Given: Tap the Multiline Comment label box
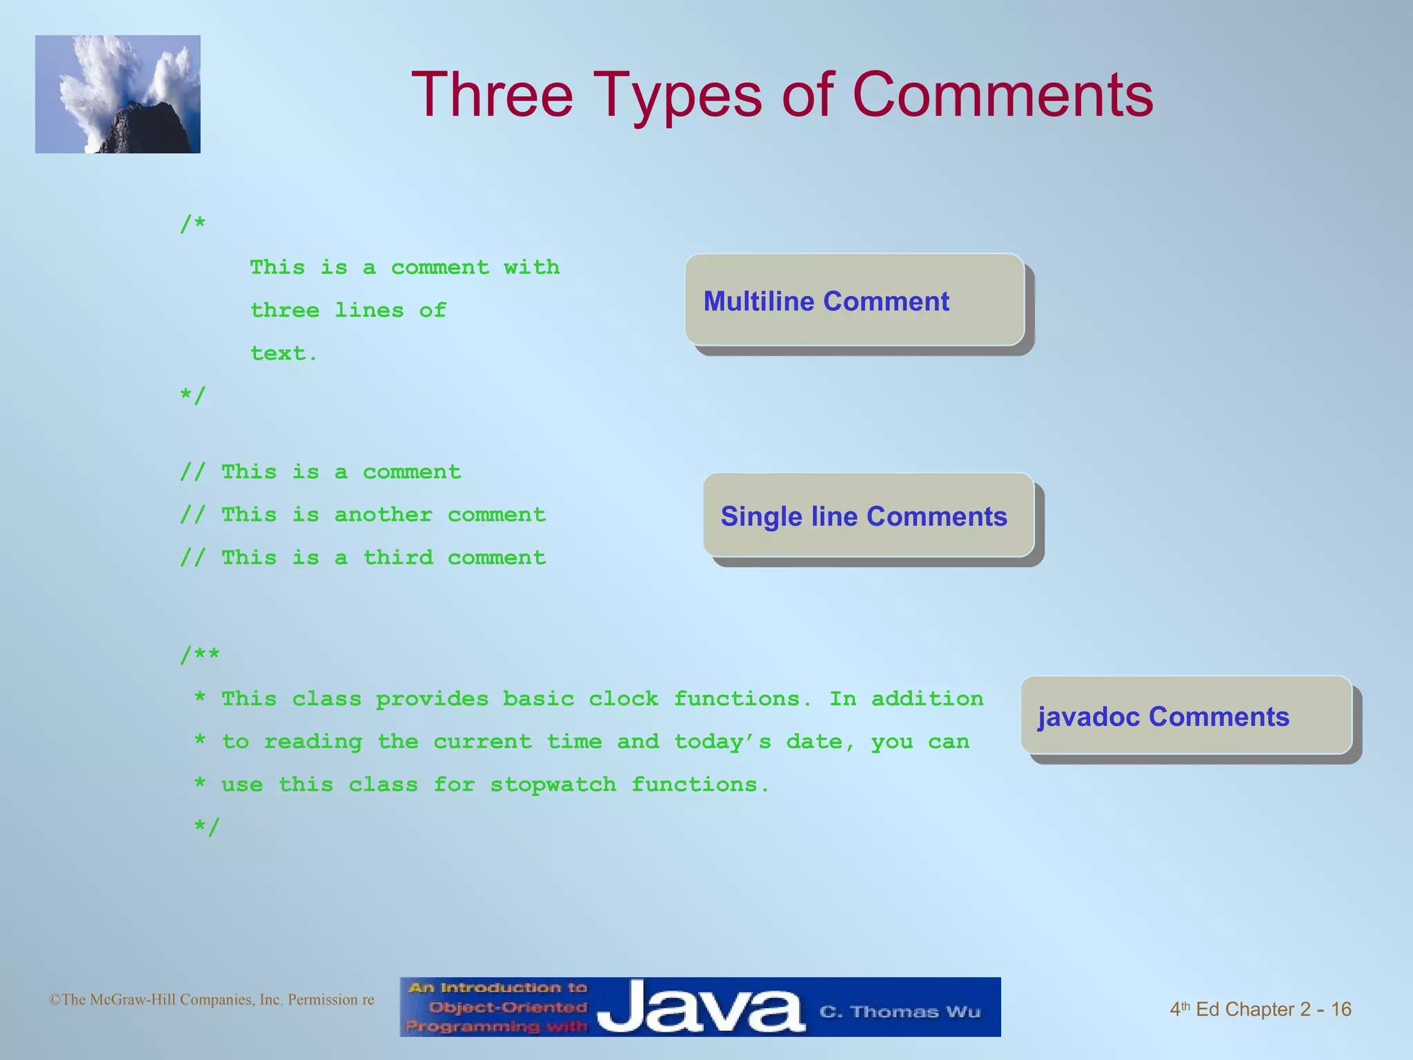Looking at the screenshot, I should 854,300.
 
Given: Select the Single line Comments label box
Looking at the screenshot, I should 868,516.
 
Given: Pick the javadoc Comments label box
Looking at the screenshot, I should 1185,716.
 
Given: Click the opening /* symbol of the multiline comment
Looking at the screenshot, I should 192,224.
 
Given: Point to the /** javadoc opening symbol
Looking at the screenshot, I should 199,655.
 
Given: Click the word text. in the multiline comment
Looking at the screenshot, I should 284,353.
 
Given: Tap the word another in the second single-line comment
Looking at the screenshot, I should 383,515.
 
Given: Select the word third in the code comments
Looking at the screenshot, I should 397,558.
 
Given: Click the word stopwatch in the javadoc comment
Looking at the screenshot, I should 553,785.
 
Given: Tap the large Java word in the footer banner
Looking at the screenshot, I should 700,1009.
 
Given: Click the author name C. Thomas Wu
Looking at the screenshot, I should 900,1012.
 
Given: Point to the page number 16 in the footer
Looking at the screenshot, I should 1341,1010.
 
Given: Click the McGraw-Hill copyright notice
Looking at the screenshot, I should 211,1000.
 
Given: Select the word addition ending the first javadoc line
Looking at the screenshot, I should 927,698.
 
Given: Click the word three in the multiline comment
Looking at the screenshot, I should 284,311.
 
